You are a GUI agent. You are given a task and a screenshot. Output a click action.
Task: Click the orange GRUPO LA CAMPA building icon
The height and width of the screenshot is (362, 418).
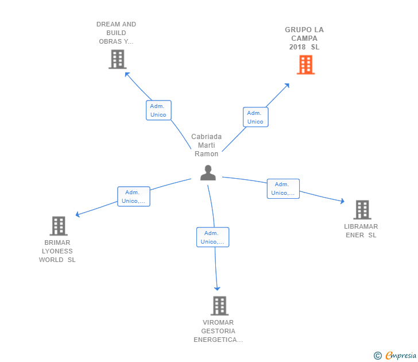306,64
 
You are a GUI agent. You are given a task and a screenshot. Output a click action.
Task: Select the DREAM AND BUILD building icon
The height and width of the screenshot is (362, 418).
118,60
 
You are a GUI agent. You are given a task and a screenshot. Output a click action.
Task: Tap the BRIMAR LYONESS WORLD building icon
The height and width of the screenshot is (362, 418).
59,226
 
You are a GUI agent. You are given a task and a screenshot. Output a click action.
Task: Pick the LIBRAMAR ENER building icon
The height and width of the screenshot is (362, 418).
362,210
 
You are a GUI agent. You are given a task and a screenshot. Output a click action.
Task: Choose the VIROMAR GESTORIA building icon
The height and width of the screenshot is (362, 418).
219,306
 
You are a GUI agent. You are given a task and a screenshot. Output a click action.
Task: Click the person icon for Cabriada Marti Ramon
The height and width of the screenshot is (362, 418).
208,173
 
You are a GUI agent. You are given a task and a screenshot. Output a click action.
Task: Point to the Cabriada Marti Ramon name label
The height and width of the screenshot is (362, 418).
206,145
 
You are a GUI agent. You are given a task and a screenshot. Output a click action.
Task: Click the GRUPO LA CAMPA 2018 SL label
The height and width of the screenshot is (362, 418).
304,38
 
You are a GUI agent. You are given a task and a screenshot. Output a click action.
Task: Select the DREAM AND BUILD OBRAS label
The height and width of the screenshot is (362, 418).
116,33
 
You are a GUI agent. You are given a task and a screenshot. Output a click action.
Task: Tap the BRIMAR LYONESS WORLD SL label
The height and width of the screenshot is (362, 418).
57,251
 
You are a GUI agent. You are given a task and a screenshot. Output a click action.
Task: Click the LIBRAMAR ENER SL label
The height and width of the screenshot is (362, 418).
361,231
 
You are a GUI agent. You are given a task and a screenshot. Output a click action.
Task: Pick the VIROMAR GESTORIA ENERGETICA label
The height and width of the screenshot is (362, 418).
218,331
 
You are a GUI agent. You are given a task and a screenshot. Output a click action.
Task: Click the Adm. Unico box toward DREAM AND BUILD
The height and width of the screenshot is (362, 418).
158,110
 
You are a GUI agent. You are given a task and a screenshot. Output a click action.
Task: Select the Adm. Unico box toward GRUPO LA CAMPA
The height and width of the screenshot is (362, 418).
256,117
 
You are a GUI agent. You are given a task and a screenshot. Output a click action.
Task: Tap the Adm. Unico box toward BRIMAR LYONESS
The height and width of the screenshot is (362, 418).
134,197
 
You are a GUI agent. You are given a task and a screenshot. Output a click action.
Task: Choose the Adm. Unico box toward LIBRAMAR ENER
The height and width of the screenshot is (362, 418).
283,188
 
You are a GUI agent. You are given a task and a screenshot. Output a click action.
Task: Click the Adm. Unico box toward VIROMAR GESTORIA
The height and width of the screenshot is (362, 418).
212,237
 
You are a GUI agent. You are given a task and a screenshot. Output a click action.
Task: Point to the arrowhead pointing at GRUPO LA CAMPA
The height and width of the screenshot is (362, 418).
287,86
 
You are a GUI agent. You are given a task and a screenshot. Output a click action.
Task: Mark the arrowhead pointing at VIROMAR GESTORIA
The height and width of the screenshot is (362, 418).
217,288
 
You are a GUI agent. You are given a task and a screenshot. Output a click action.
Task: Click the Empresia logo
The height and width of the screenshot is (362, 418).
395,355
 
